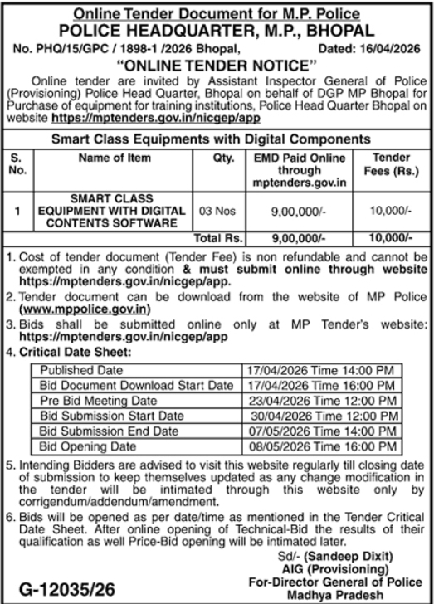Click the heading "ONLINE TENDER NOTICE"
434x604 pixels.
tap(217, 64)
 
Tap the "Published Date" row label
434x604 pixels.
tap(76, 368)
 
